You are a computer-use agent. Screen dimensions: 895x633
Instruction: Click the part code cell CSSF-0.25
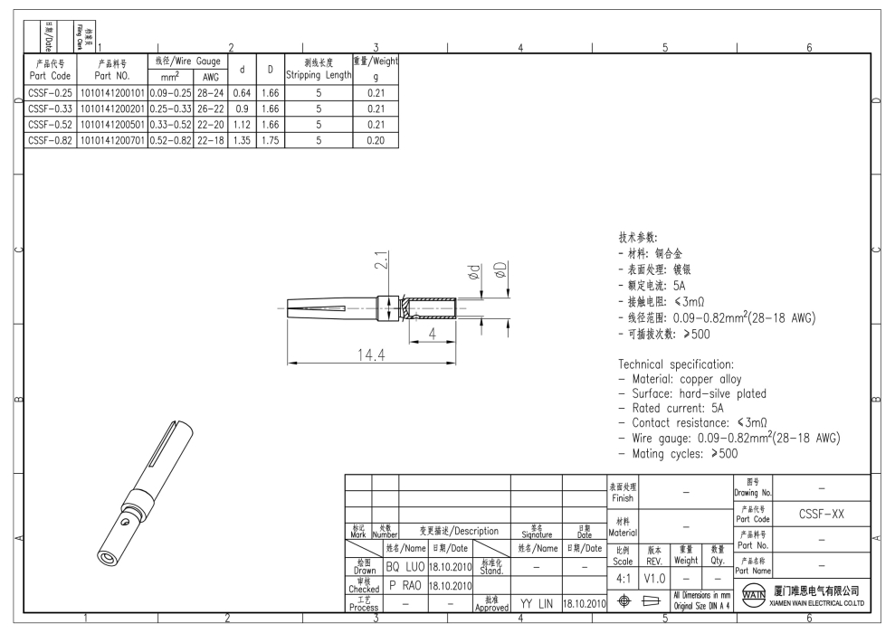pyautogui.click(x=51, y=93)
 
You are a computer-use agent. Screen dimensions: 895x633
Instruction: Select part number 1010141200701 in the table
pyautogui.click(x=112, y=140)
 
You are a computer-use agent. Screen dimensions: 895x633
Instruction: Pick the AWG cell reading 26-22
pyautogui.click(x=211, y=109)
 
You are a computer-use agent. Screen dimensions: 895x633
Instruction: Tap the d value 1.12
pyautogui.click(x=242, y=124)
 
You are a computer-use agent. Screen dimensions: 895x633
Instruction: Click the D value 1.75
pyautogui.click(x=270, y=140)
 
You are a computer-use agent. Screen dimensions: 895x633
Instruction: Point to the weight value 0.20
pyautogui.click(x=376, y=140)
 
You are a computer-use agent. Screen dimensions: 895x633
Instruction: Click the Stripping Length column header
pyautogui.click(x=319, y=69)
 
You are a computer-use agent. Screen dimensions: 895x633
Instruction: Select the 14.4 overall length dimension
pyautogui.click(x=371, y=355)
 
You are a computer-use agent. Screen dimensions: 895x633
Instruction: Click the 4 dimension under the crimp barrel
pyautogui.click(x=432, y=334)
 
